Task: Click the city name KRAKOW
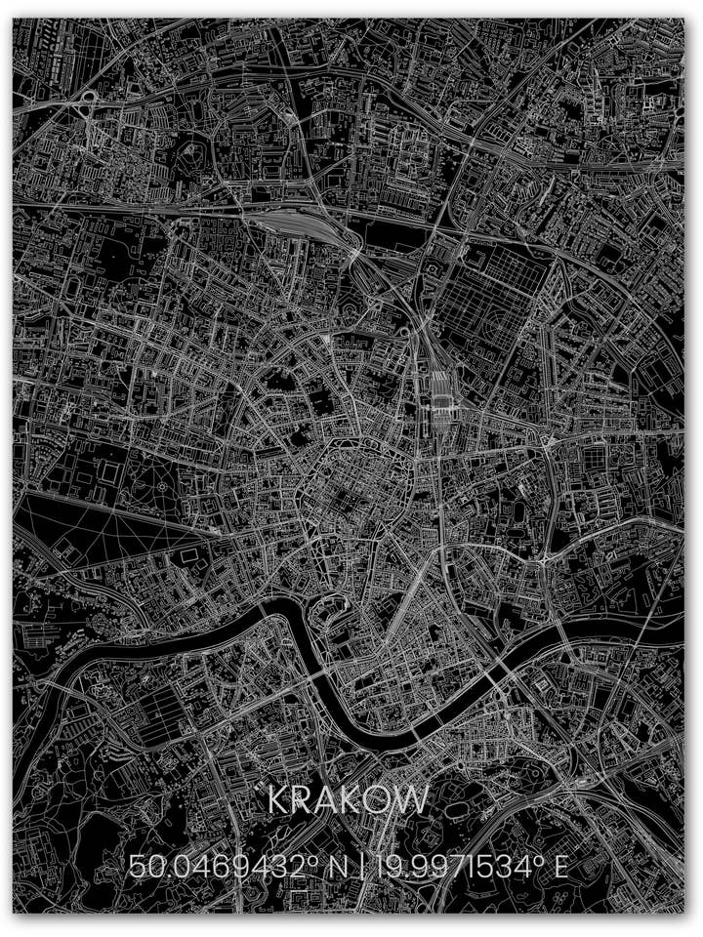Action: pyautogui.click(x=348, y=800)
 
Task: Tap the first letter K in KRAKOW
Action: pyautogui.click(x=279, y=800)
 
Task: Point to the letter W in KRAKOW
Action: pyautogui.click(x=413, y=800)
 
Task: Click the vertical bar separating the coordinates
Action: pyautogui.click(x=361, y=866)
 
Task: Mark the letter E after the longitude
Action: pyautogui.click(x=560, y=866)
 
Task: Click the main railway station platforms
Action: pyautogui.click(x=438, y=390)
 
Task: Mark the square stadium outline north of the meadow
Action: pyautogui.click(x=108, y=473)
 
